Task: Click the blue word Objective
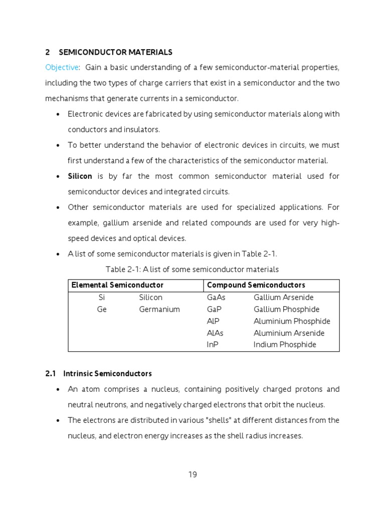tap(62, 68)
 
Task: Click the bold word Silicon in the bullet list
tap(80, 176)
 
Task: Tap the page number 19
tap(193, 475)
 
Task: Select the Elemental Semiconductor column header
tap(117, 285)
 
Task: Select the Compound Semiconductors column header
tap(256, 285)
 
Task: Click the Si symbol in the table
tap(102, 298)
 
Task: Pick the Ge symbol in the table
tap(102, 310)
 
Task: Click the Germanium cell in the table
tap(159, 310)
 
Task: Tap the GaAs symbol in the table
tap(216, 298)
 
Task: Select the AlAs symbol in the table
tap(215, 333)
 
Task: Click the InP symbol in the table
tap(213, 345)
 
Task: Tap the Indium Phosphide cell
tap(285, 345)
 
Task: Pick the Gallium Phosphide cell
tap(286, 310)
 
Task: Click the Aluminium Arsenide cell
tap(289, 333)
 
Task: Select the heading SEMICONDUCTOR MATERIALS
tap(116, 52)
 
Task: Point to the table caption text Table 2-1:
tap(123, 270)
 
